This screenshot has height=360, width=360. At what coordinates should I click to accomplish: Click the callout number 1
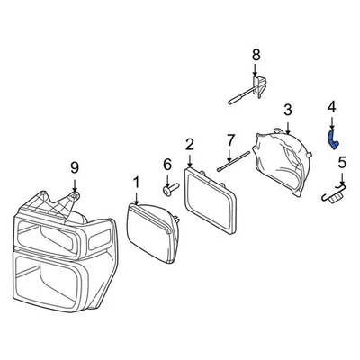point(136,183)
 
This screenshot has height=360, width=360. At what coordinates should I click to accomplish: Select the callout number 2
point(189,144)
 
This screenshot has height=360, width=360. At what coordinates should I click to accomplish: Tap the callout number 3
point(287,110)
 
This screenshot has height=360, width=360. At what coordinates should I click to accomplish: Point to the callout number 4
point(331,107)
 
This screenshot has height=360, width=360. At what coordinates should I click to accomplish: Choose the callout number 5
point(341,163)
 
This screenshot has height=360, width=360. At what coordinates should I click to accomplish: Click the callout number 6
point(166,165)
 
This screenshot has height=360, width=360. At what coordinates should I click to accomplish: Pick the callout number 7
point(229,140)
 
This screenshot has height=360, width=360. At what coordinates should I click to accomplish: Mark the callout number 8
point(256,55)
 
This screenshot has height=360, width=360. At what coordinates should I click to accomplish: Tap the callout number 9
point(75,166)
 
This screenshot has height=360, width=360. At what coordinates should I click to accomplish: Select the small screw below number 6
point(168,190)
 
